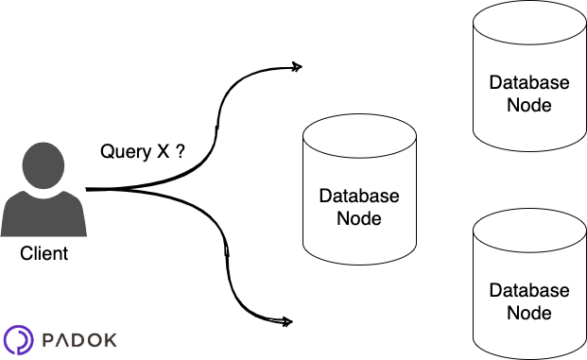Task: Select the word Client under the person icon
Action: pyautogui.click(x=43, y=254)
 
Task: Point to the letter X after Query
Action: pyautogui.click(x=163, y=152)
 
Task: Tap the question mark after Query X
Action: pyautogui.click(x=179, y=152)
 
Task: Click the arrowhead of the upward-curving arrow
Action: pyautogui.click(x=296, y=67)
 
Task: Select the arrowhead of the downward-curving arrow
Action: pyautogui.click(x=286, y=321)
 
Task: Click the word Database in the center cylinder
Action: pyautogui.click(x=359, y=197)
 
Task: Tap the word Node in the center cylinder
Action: pyautogui.click(x=359, y=218)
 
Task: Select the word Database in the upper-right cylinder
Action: pyautogui.click(x=529, y=82)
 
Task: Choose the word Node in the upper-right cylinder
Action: pyautogui.click(x=529, y=104)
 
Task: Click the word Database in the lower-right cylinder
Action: pyautogui.click(x=529, y=291)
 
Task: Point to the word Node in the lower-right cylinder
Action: pyautogui.click(x=529, y=313)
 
